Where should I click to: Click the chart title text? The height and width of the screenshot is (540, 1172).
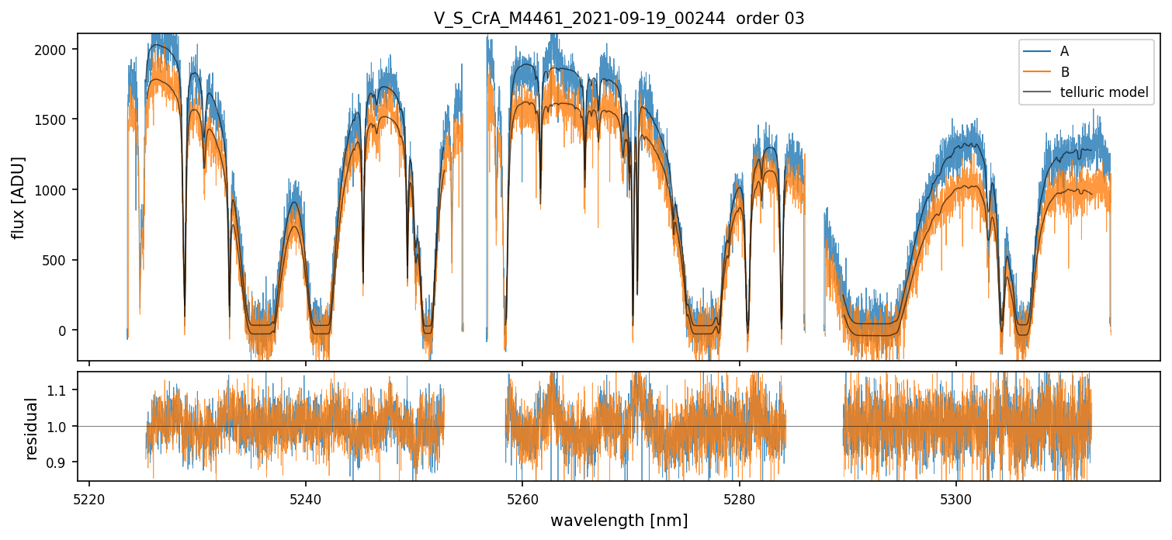pyautogui.click(x=619, y=19)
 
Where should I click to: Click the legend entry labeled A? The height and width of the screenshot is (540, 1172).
pyautogui.click(x=1064, y=51)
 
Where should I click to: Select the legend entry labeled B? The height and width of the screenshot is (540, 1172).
pyautogui.click(x=1064, y=72)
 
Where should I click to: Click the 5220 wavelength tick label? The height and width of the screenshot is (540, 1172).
pyautogui.click(x=89, y=497)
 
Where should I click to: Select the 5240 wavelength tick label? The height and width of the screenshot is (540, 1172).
pyautogui.click(x=306, y=497)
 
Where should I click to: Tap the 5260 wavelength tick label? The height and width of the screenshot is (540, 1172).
pyautogui.click(x=522, y=497)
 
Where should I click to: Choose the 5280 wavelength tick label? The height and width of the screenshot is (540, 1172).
pyautogui.click(x=739, y=497)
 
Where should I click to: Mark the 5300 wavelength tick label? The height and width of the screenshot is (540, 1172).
pyautogui.click(x=955, y=497)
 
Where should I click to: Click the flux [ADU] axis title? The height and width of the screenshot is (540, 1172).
pyautogui.click(x=18, y=197)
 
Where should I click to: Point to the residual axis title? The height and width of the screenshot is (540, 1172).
pyautogui.click(x=32, y=428)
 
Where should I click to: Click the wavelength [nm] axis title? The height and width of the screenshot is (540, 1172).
pyautogui.click(x=619, y=520)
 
